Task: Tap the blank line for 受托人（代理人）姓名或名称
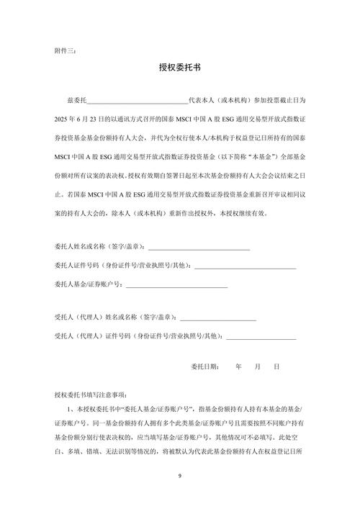click(217, 317)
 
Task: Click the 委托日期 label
click(205, 366)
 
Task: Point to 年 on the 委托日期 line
click(239, 366)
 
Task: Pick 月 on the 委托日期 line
click(258, 366)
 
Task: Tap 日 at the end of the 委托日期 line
click(276, 366)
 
